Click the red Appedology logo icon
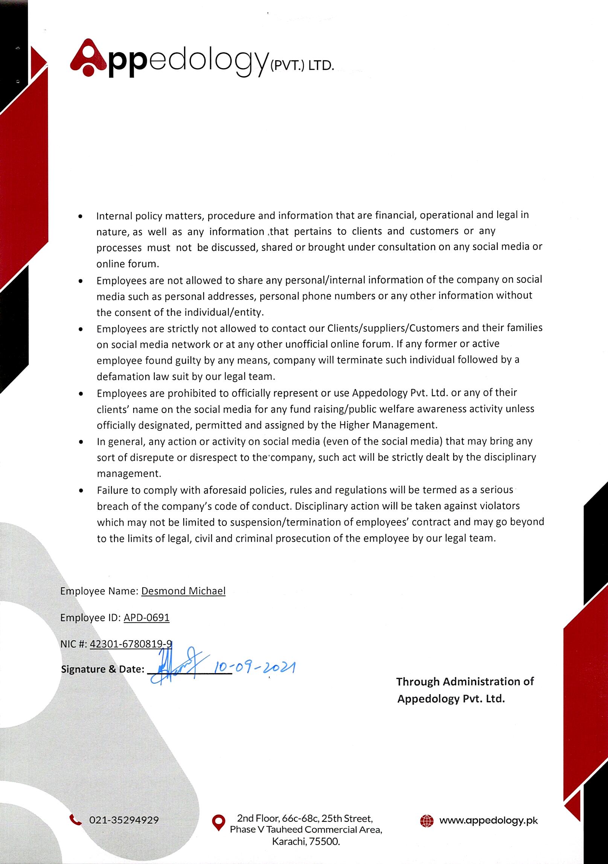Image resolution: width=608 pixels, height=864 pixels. click(x=89, y=58)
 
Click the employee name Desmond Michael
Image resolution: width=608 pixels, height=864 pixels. click(x=183, y=591)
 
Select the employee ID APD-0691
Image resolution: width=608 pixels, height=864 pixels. click(x=146, y=617)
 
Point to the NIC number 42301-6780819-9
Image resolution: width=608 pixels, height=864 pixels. click(x=131, y=644)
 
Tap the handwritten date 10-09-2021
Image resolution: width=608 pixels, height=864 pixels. click(x=254, y=667)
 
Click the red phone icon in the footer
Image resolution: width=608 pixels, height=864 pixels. click(x=76, y=819)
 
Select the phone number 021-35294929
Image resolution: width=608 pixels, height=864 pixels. click(x=124, y=820)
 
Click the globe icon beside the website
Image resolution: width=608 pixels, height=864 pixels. click(x=427, y=820)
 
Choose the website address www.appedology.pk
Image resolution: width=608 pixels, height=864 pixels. click(x=488, y=820)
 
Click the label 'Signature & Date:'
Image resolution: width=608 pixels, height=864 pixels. click(x=102, y=669)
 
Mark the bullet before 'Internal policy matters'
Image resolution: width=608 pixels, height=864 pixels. click(x=80, y=217)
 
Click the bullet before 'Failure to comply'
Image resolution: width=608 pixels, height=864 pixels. click(x=81, y=491)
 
